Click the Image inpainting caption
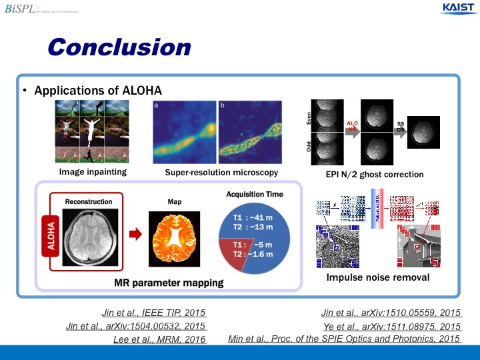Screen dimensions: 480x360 pos(93,173)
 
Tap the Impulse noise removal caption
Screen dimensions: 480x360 pos(377,277)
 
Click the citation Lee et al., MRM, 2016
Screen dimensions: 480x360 pos(160,339)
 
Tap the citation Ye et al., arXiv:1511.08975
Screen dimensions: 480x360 pos(391,327)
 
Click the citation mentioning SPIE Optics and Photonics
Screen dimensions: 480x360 pos(344,339)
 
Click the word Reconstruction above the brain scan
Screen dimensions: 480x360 pos(89,201)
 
